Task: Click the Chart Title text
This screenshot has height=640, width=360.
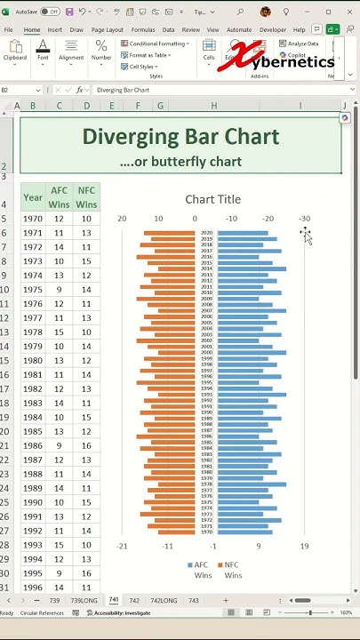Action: coord(212,199)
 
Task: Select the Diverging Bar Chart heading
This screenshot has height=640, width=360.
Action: coord(180,137)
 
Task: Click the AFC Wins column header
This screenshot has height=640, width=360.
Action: coord(60,197)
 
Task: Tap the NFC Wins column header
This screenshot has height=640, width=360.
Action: coord(86,197)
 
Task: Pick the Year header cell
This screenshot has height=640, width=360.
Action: coord(33,197)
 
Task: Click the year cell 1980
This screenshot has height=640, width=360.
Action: coord(33,361)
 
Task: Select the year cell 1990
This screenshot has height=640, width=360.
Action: coord(33,502)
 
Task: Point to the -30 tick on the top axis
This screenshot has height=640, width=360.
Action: coord(304,219)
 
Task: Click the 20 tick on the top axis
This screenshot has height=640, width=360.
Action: coord(122,219)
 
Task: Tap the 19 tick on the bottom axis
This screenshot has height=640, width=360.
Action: coord(304,547)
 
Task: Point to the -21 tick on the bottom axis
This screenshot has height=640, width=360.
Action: coord(122,547)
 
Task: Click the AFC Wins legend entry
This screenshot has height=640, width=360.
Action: coord(198,570)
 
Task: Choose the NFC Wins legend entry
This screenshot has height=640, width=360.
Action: coord(229,570)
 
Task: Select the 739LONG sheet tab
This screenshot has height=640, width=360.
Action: coord(84,601)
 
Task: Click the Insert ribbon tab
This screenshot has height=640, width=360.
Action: coord(55,29)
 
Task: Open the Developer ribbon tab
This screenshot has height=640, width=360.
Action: coord(273,29)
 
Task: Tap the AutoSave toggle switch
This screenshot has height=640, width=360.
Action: coord(50,12)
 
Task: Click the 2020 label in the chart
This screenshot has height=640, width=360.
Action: coord(206,233)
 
